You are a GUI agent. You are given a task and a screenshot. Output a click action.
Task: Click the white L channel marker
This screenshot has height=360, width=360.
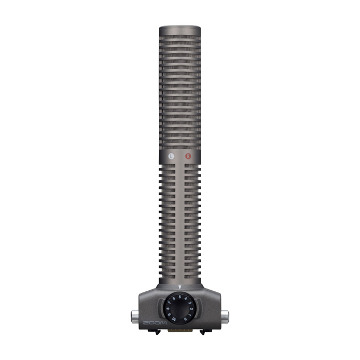[x=172, y=157]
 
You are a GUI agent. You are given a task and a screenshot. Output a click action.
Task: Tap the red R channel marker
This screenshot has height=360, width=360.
[x=188, y=157]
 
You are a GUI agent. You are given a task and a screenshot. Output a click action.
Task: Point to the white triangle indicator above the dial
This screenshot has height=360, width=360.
[x=180, y=286]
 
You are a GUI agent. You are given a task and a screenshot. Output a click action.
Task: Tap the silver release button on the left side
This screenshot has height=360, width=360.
[x=134, y=318]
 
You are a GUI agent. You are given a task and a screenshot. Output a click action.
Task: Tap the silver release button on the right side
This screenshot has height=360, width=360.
[x=225, y=318]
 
